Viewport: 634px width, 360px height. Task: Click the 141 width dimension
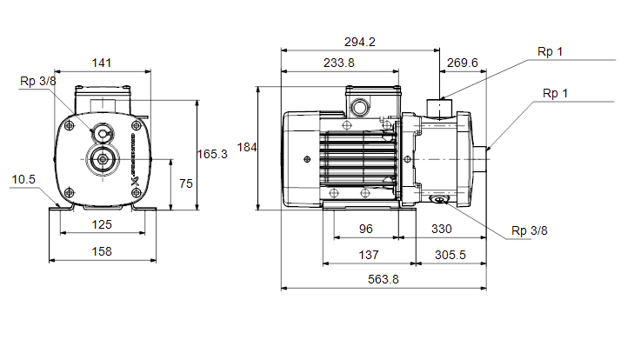[101, 63]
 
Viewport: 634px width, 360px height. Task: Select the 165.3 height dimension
[212, 154]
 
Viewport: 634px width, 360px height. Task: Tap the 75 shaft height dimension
[186, 183]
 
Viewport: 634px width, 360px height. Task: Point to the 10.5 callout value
[23, 179]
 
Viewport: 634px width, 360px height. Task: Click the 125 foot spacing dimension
[102, 224]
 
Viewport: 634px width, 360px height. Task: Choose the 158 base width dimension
[102, 251]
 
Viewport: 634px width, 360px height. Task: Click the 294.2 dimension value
[359, 42]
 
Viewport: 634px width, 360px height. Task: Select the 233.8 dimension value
[339, 63]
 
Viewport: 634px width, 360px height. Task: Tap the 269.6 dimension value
[462, 63]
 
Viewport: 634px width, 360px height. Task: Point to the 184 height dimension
[247, 147]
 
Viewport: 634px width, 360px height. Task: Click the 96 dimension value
[365, 229]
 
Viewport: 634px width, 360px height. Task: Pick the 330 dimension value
[441, 229]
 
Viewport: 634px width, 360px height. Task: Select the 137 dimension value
[369, 256]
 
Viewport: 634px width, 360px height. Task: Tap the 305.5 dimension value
[450, 256]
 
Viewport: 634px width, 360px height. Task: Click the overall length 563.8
[383, 279]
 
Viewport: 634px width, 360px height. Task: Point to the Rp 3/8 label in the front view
[38, 81]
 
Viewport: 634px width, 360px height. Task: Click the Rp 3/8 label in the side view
[530, 231]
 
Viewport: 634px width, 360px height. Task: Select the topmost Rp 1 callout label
[550, 52]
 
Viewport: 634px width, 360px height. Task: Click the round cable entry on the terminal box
[359, 108]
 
